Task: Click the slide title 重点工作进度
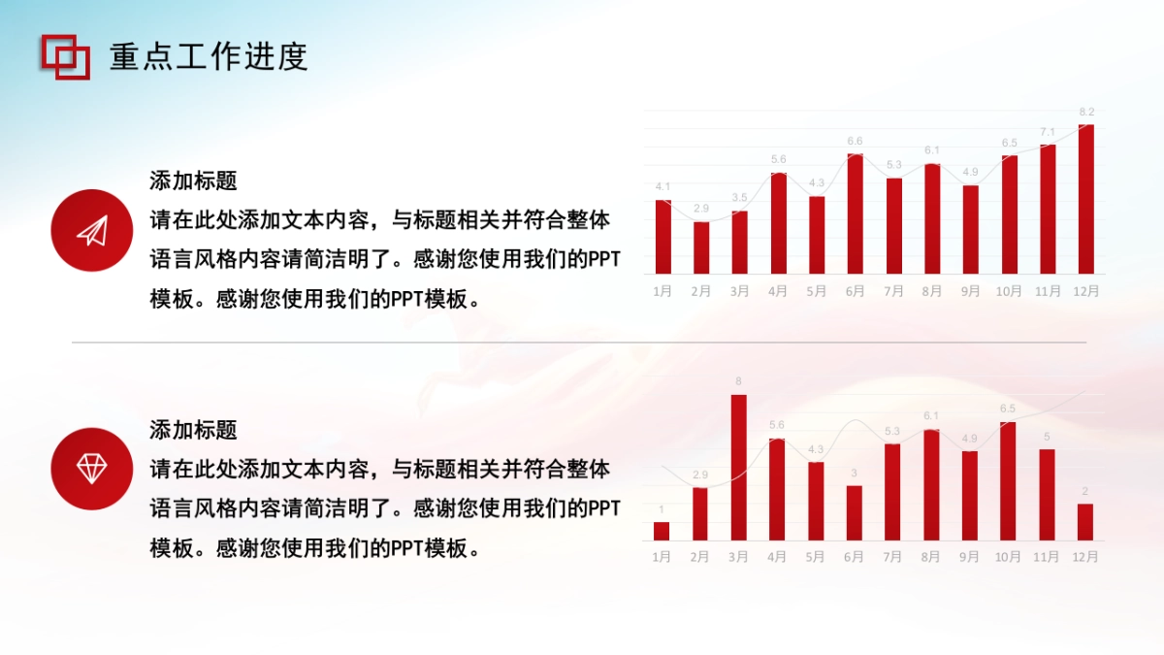[x=209, y=57]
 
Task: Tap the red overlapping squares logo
[x=65, y=56]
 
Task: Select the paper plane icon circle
[x=91, y=230]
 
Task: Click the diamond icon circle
[x=91, y=469]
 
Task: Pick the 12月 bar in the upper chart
[x=1086, y=199]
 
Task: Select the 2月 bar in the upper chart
[x=701, y=247]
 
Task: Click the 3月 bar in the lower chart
[x=739, y=467]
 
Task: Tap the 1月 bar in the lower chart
[x=662, y=531]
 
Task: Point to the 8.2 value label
[x=1086, y=113]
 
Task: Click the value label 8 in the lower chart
[x=739, y=381]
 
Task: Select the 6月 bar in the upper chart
[x=855, y=213]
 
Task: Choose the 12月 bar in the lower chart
[x=1085, y=521]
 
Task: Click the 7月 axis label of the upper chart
[x=893, y=290]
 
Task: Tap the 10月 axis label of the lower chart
[x=1008, y=557]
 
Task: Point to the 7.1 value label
[x=1048, y=132]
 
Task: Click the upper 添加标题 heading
[x=193, y=180]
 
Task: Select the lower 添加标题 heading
[x=193, y=430]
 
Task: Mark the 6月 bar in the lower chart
[x=855, y=512]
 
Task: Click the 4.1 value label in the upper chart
[x=663, y=186]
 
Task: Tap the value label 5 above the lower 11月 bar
[x=1047, y=437]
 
